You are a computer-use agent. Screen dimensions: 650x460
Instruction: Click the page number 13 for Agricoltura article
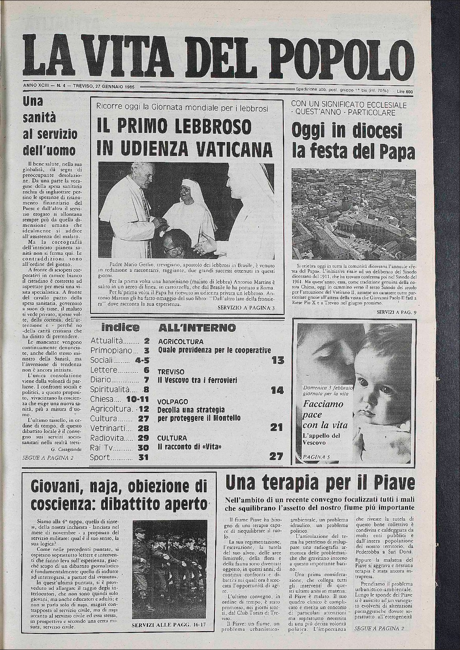[x=278, y=359]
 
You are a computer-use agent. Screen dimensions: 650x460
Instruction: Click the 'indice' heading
[x=120, y=327]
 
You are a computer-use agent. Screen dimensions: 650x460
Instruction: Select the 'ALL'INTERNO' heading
[x=197, y=328]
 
